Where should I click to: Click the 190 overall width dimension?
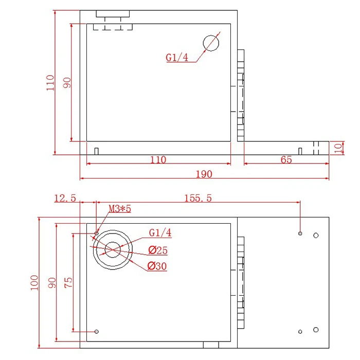pos(204,174)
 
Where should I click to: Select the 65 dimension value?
pos(286,159)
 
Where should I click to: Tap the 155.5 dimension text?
pos(198,198)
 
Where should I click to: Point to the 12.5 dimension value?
pos(65,198)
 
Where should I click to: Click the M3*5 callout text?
pos(120,209)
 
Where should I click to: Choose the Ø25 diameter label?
pos(158,250)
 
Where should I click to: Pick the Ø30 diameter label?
pos(157,266)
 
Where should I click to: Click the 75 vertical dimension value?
pos(68,282)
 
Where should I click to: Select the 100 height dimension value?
pos(34,283)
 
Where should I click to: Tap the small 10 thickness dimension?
pos(338,148)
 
